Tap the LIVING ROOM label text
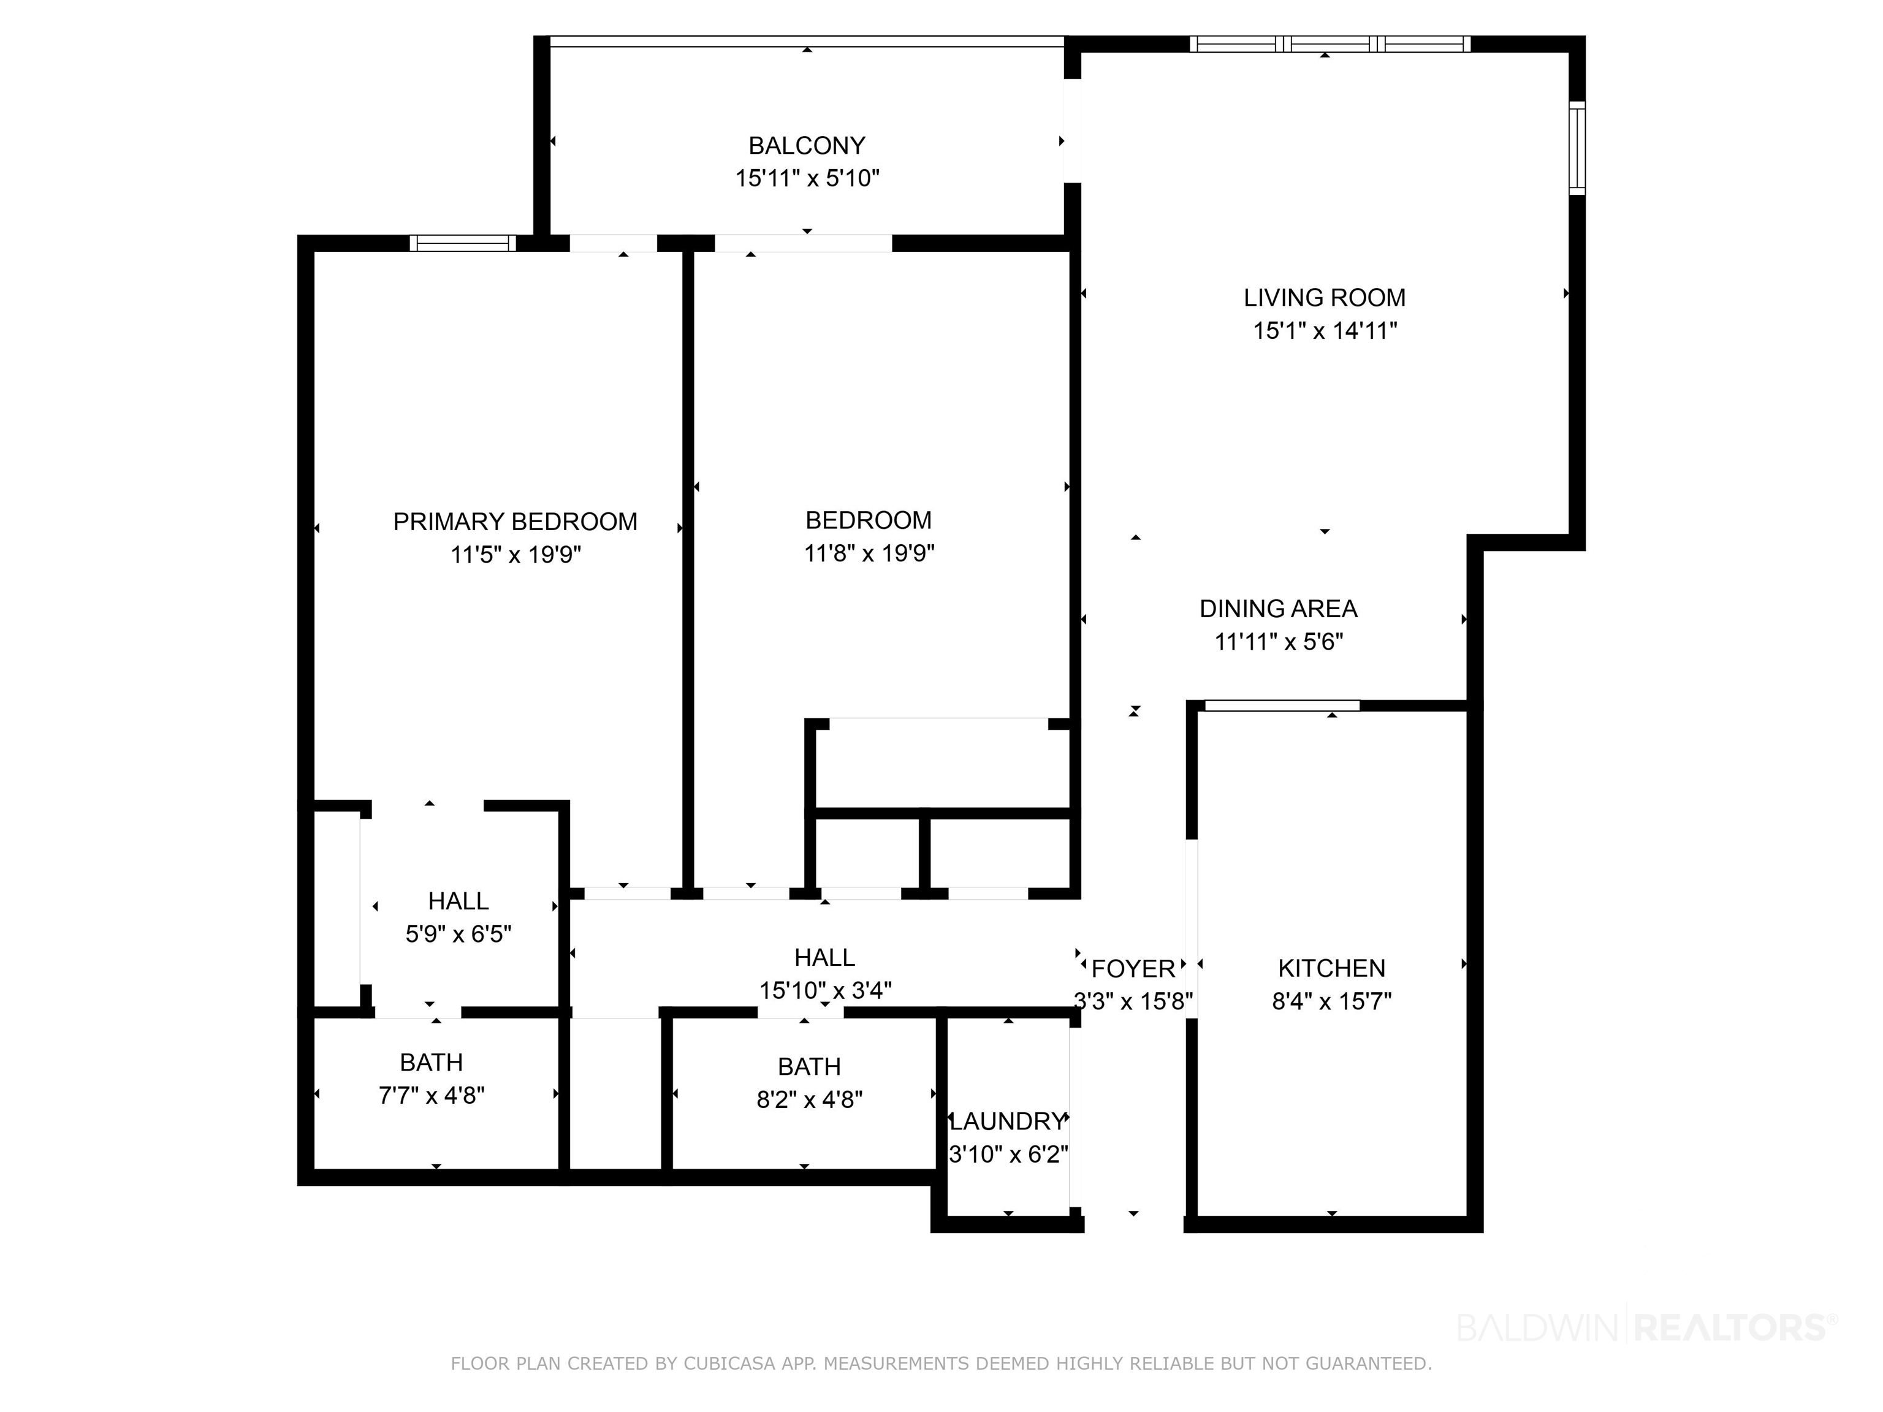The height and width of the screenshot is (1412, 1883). (x=1324, y=298)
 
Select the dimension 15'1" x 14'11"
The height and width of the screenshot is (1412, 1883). (x=1325, y=330)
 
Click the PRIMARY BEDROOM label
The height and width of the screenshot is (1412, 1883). (x=515, y=522)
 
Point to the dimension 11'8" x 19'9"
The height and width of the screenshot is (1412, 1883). (x=869, y=553)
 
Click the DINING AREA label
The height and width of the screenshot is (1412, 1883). (x=1279, y=609)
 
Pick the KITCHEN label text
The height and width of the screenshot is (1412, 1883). (x=1331, y=968)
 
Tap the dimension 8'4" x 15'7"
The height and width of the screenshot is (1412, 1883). (x=1331, y=1001)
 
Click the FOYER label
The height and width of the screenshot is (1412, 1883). (x=1133, y=968)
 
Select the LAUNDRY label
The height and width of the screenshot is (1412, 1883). (x=1008, y=1121)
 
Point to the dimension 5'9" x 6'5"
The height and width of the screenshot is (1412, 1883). (x=458, y=935)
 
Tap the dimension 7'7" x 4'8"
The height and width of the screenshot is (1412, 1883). (x=432, y=1095)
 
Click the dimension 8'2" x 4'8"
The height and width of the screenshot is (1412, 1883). (x=810, y=1099)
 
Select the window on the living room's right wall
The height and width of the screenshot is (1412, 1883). (x=1577, y=148)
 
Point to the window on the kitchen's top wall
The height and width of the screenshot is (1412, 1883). (x=1282, y=705)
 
